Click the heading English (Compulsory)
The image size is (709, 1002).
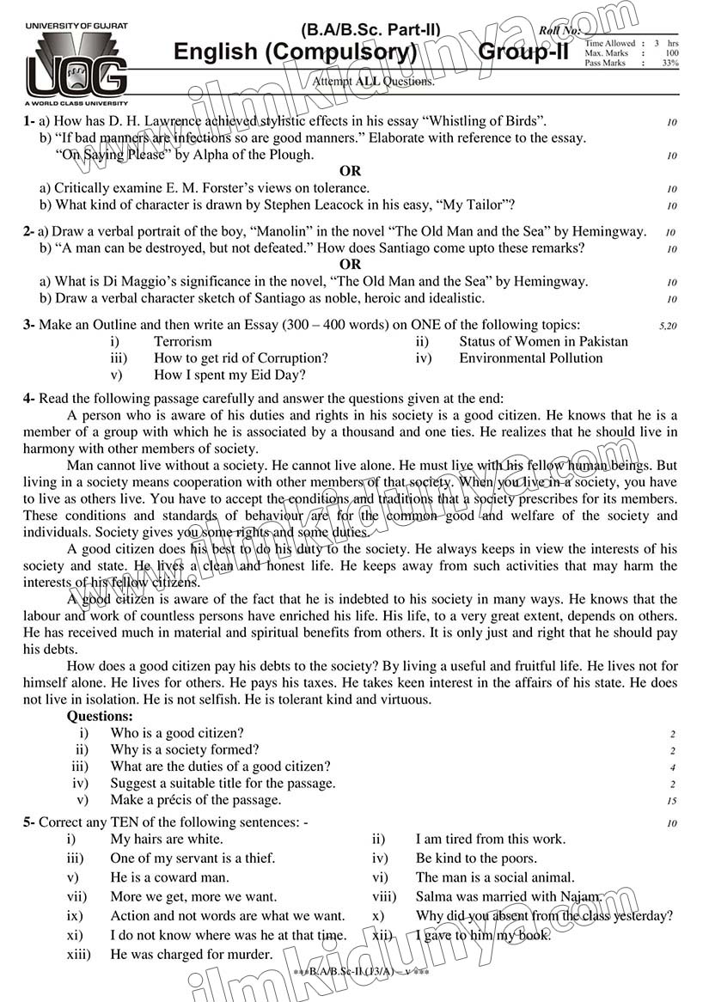click(295, 52)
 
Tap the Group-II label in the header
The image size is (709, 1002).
click(523, 52)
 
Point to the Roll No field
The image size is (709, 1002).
click(559, 31)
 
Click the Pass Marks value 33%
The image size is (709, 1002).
click(670, 64)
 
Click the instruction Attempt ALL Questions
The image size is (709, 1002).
click(374, 82)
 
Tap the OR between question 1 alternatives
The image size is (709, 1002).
click(350, 171)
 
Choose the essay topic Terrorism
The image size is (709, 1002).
click(182, 341)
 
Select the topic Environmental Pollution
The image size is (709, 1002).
click(530, 358)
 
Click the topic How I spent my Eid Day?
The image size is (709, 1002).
click(229, 376)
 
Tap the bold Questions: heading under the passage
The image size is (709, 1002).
click(100, 716)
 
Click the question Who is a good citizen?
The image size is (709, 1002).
click(177, 733)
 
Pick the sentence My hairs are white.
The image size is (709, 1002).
click(167, 839)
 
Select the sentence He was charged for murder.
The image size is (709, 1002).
click(192, 954)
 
